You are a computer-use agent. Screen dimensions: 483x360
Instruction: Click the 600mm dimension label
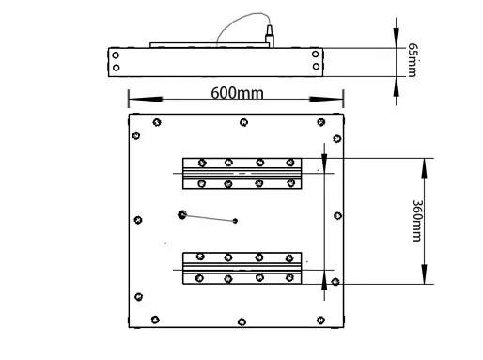pos(237,93)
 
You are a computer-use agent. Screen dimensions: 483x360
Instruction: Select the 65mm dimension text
pos(413,60)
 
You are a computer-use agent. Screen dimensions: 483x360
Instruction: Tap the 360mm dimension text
pos(417,221)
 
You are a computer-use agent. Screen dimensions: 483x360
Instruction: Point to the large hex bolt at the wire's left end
pos(182,214)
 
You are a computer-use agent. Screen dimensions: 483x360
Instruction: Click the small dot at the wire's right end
pos(235,221)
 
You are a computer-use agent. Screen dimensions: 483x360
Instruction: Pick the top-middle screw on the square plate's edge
pos(243,122)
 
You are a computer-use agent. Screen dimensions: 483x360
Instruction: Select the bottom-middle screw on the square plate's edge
pos(241,321)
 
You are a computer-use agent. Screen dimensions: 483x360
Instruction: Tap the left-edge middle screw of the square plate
pos(138,220)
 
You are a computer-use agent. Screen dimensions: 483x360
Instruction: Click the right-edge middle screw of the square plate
pos(337,215)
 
